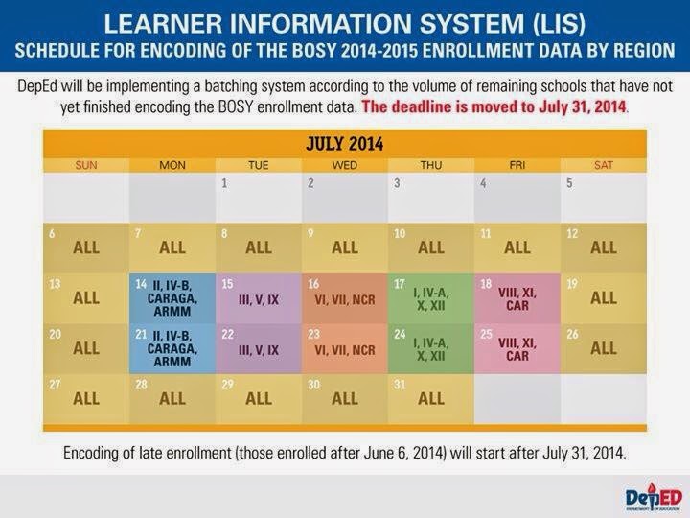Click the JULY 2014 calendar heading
click(x=345, y=144)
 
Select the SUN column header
click(x=86, y=165)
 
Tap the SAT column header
click(x=604, y=165)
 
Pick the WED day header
click(x=345, y=165)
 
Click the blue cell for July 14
click(x=172, y=298)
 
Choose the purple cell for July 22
click(x=259, y=349)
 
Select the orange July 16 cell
click(x=345, y=298)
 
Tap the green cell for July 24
click(x=431, y=349)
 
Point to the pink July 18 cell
click(x=517, y=298)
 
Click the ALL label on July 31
click(x=431, y=399)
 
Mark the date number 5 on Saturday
click(x=569, y=183)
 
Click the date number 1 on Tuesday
click(x=224, y=183)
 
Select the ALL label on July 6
click(x=86, y=247)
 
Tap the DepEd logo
click(x=654, y=497)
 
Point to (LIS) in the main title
click(x=559, y=23)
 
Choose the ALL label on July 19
click(x=604, y=298)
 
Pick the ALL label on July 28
click(x=172, y=399)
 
